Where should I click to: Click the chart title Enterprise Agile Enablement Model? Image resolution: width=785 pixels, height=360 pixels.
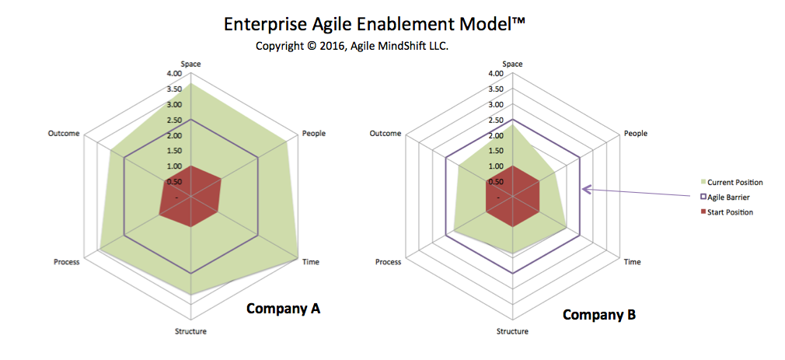tap(375, 25)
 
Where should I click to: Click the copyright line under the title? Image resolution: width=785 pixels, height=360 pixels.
tap(352, 46)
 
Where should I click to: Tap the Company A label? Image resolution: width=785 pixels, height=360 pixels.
tap(284, 309)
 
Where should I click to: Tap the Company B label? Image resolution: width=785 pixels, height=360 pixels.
tap(599, 315)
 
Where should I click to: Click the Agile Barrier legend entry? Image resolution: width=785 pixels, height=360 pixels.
tap(725, 197)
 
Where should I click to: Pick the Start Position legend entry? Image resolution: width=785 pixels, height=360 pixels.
tap(727, 212)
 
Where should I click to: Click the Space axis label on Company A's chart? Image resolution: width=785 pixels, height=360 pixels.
tap(190, 64)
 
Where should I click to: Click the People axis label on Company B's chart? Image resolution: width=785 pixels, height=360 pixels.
tap(636, 134)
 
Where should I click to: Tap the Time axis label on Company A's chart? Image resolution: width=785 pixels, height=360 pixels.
tap(311, 262)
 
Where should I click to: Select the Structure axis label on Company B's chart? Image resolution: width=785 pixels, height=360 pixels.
tap(512, 331)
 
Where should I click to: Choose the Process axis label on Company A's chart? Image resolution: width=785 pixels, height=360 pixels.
tap(67, 262)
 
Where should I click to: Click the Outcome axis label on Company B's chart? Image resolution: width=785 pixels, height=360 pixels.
tap(386, 133)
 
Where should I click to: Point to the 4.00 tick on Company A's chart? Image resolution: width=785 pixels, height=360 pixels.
tap(175, 74)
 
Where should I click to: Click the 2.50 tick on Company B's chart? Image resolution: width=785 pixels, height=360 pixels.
tap(496, 121)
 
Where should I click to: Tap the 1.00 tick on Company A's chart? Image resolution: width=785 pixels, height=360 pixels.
tap(175, 166)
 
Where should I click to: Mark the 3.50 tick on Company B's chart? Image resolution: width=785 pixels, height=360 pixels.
tap(496, 89)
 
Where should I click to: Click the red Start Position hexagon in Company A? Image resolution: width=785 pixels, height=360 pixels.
tap(190, 197)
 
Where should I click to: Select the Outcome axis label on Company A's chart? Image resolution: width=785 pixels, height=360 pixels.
tap(64, 133)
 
